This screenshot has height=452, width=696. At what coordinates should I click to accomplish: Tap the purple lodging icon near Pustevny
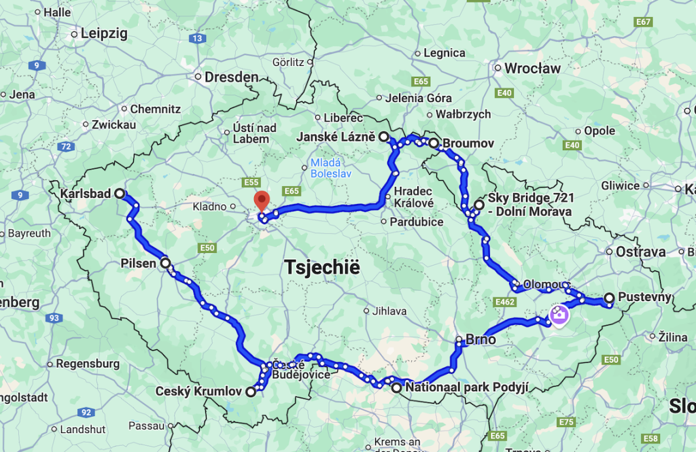(x=559, y=316)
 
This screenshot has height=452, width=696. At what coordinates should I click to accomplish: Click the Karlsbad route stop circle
(x=120, y=194)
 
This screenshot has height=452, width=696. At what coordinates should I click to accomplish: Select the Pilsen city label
(x=139, y=263)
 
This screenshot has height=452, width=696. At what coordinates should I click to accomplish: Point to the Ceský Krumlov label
(x=198, y=392)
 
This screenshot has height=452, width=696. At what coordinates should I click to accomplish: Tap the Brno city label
(x=481, y=340)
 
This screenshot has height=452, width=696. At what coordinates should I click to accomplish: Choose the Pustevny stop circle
(x=609, y=297)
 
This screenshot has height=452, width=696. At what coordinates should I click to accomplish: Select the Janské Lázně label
(x=336, y=137)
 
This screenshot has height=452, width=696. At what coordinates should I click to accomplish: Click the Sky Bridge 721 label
(x=531, y=204)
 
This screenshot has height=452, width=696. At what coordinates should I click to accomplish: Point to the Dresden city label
(x=232, y=77)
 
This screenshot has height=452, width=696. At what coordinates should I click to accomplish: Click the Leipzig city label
(x=104, y=33)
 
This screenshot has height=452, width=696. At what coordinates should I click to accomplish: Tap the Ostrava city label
(x=640, y=251)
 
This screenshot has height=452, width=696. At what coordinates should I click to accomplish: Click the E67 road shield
(x=643, y=22)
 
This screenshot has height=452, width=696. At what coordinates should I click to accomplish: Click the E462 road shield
(x=505, y=300)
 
